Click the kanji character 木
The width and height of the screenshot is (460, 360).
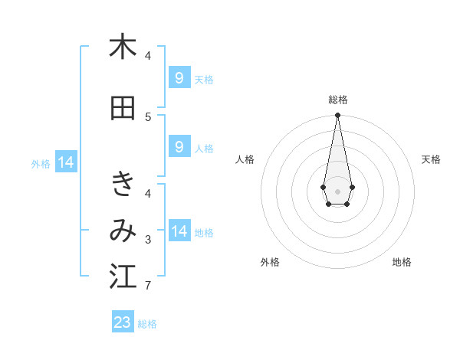123,47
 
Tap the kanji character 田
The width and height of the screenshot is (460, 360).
123,108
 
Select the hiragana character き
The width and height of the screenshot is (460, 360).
123,185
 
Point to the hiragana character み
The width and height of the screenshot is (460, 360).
123,231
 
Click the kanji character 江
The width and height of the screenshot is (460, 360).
123,277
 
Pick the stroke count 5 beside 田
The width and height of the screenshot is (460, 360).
148,117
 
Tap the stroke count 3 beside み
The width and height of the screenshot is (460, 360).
148,240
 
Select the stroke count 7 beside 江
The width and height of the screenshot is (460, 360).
148,286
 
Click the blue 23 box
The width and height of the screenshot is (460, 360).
123,322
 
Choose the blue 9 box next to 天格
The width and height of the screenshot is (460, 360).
179,77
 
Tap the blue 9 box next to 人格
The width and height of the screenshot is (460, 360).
179,146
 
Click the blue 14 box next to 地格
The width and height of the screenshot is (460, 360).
179,231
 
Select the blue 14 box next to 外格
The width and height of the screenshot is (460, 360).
66,162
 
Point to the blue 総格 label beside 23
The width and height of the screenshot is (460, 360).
147,324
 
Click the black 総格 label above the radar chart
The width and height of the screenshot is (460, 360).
338,100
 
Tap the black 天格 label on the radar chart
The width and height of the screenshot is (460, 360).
431,159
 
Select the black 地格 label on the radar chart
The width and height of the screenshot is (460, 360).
402,263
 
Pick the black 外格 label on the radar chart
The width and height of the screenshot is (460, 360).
270,263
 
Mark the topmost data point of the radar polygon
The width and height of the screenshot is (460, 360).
337,116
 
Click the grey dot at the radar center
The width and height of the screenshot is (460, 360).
337,190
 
